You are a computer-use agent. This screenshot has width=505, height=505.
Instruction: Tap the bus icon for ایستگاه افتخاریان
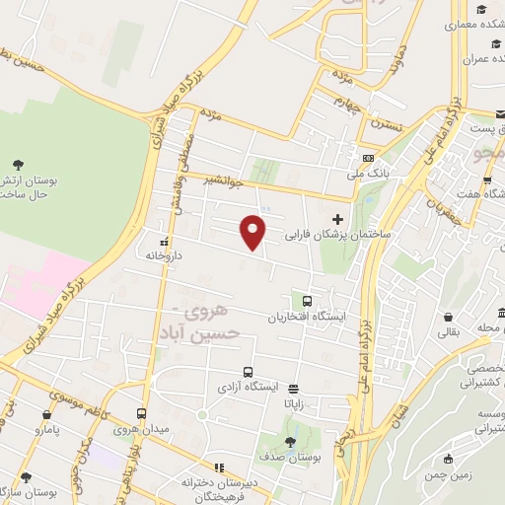(308, 301)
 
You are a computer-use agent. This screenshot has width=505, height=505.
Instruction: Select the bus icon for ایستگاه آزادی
(248, 373)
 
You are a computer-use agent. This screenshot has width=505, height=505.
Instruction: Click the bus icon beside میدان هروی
(142, 414)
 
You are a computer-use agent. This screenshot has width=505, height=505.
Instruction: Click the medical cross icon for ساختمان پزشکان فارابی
(338, 219)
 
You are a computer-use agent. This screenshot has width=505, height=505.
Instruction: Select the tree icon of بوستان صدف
(290, 443)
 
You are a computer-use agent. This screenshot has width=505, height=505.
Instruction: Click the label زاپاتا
(300, 402)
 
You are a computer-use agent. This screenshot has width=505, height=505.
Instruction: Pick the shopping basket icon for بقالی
(450, 319)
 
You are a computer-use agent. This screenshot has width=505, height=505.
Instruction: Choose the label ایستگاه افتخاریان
(308, 318)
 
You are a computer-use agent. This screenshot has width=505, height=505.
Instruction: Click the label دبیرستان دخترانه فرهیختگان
(219, 483)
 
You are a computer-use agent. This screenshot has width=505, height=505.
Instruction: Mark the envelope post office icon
(501, 113)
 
